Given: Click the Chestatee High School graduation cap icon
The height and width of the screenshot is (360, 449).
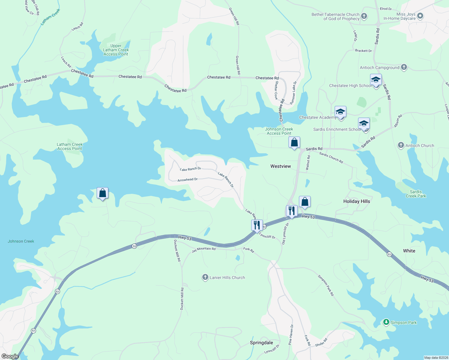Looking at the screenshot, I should (376, 80).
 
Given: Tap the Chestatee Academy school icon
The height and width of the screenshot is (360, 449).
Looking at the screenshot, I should (340, 112).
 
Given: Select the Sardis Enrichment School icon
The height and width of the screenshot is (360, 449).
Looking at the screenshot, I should (364, 124).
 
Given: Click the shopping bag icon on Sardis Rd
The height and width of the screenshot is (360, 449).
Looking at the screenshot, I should (294, 142).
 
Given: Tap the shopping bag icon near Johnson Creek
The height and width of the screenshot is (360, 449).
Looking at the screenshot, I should (102, 193).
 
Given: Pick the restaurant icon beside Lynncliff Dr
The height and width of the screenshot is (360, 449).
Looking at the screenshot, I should (257, 225).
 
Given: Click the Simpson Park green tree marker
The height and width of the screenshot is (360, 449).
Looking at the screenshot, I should (386, 322).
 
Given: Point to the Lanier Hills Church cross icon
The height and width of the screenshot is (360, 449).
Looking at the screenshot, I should (205, 277).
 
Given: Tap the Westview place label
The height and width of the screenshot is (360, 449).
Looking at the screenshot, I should (280, 166).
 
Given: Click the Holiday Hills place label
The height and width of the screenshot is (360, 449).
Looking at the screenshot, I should (356, 201).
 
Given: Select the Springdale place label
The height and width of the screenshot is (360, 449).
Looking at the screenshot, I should (261, 343).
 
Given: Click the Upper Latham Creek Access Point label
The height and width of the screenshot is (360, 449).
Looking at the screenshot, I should (116, 50).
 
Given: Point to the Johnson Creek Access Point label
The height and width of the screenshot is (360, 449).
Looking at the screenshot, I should (279, 131).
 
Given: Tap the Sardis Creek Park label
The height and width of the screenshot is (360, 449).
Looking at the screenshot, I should (416, 194).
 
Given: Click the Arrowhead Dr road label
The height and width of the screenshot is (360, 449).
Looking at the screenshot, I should (187, 180).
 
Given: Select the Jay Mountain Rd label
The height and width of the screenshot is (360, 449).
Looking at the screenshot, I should (203, 249).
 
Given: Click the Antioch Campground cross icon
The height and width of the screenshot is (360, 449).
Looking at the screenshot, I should (404, 67).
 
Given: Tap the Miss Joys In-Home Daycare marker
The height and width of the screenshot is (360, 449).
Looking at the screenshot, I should (420, 16).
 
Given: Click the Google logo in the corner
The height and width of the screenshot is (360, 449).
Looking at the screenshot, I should (10, 356).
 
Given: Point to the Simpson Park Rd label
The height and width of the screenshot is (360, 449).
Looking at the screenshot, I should (326, 285).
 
